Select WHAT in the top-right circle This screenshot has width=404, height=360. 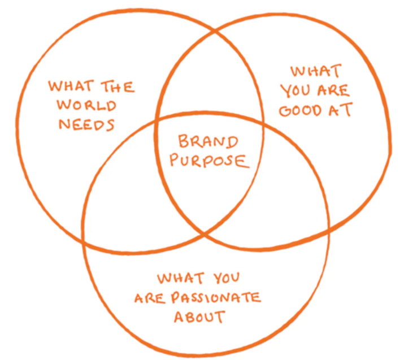tap(315, 72)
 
